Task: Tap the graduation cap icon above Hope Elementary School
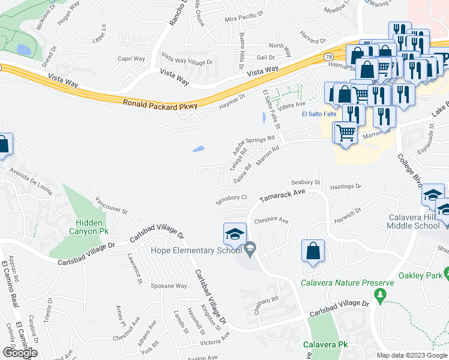(235, 233)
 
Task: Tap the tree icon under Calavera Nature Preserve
(379, 295)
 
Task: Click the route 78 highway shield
(328, 56)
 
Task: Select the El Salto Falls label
(319, 113)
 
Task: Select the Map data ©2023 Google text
(411, 355)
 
